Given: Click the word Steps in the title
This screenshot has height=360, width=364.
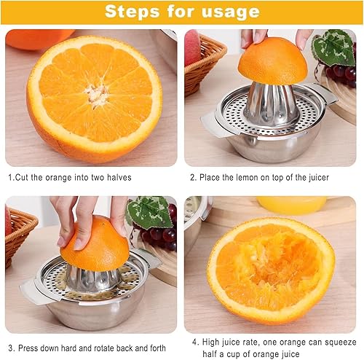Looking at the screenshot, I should (132, 12).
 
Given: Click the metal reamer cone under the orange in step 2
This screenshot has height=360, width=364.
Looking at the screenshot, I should (272, 102).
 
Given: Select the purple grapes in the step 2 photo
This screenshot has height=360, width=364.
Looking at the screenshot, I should (342, 72).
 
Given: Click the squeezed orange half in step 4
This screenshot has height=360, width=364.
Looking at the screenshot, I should (270, 270).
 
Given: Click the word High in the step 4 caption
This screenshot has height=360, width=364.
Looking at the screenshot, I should (213, 340).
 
